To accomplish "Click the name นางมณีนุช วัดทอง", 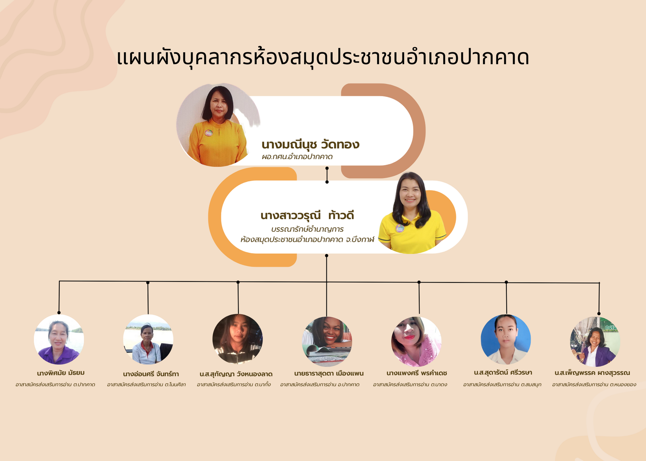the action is [310, 144].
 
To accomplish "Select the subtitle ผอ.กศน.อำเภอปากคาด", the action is [297, 157].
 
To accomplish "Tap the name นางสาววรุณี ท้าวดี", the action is [307, 215].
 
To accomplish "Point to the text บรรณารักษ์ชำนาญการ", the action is [307, 229].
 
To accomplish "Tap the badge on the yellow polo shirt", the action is [400, 228].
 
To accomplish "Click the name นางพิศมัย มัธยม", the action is [61, 373].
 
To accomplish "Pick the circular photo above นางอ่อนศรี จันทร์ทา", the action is [148, 339].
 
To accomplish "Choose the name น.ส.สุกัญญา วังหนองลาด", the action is [236, 374].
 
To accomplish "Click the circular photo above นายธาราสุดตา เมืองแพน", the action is [327, 342].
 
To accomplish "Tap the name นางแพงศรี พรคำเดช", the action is [417, 373].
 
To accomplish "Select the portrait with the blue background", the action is [506, 340].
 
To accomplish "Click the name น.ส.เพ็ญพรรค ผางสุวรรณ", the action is [592, 373].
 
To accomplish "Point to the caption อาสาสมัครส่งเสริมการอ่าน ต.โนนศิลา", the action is [146, 384].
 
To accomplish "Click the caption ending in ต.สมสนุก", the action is [502, 384].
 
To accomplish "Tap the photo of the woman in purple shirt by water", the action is [59, 340].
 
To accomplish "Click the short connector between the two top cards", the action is [327, 175].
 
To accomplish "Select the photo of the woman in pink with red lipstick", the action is [416, 342].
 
